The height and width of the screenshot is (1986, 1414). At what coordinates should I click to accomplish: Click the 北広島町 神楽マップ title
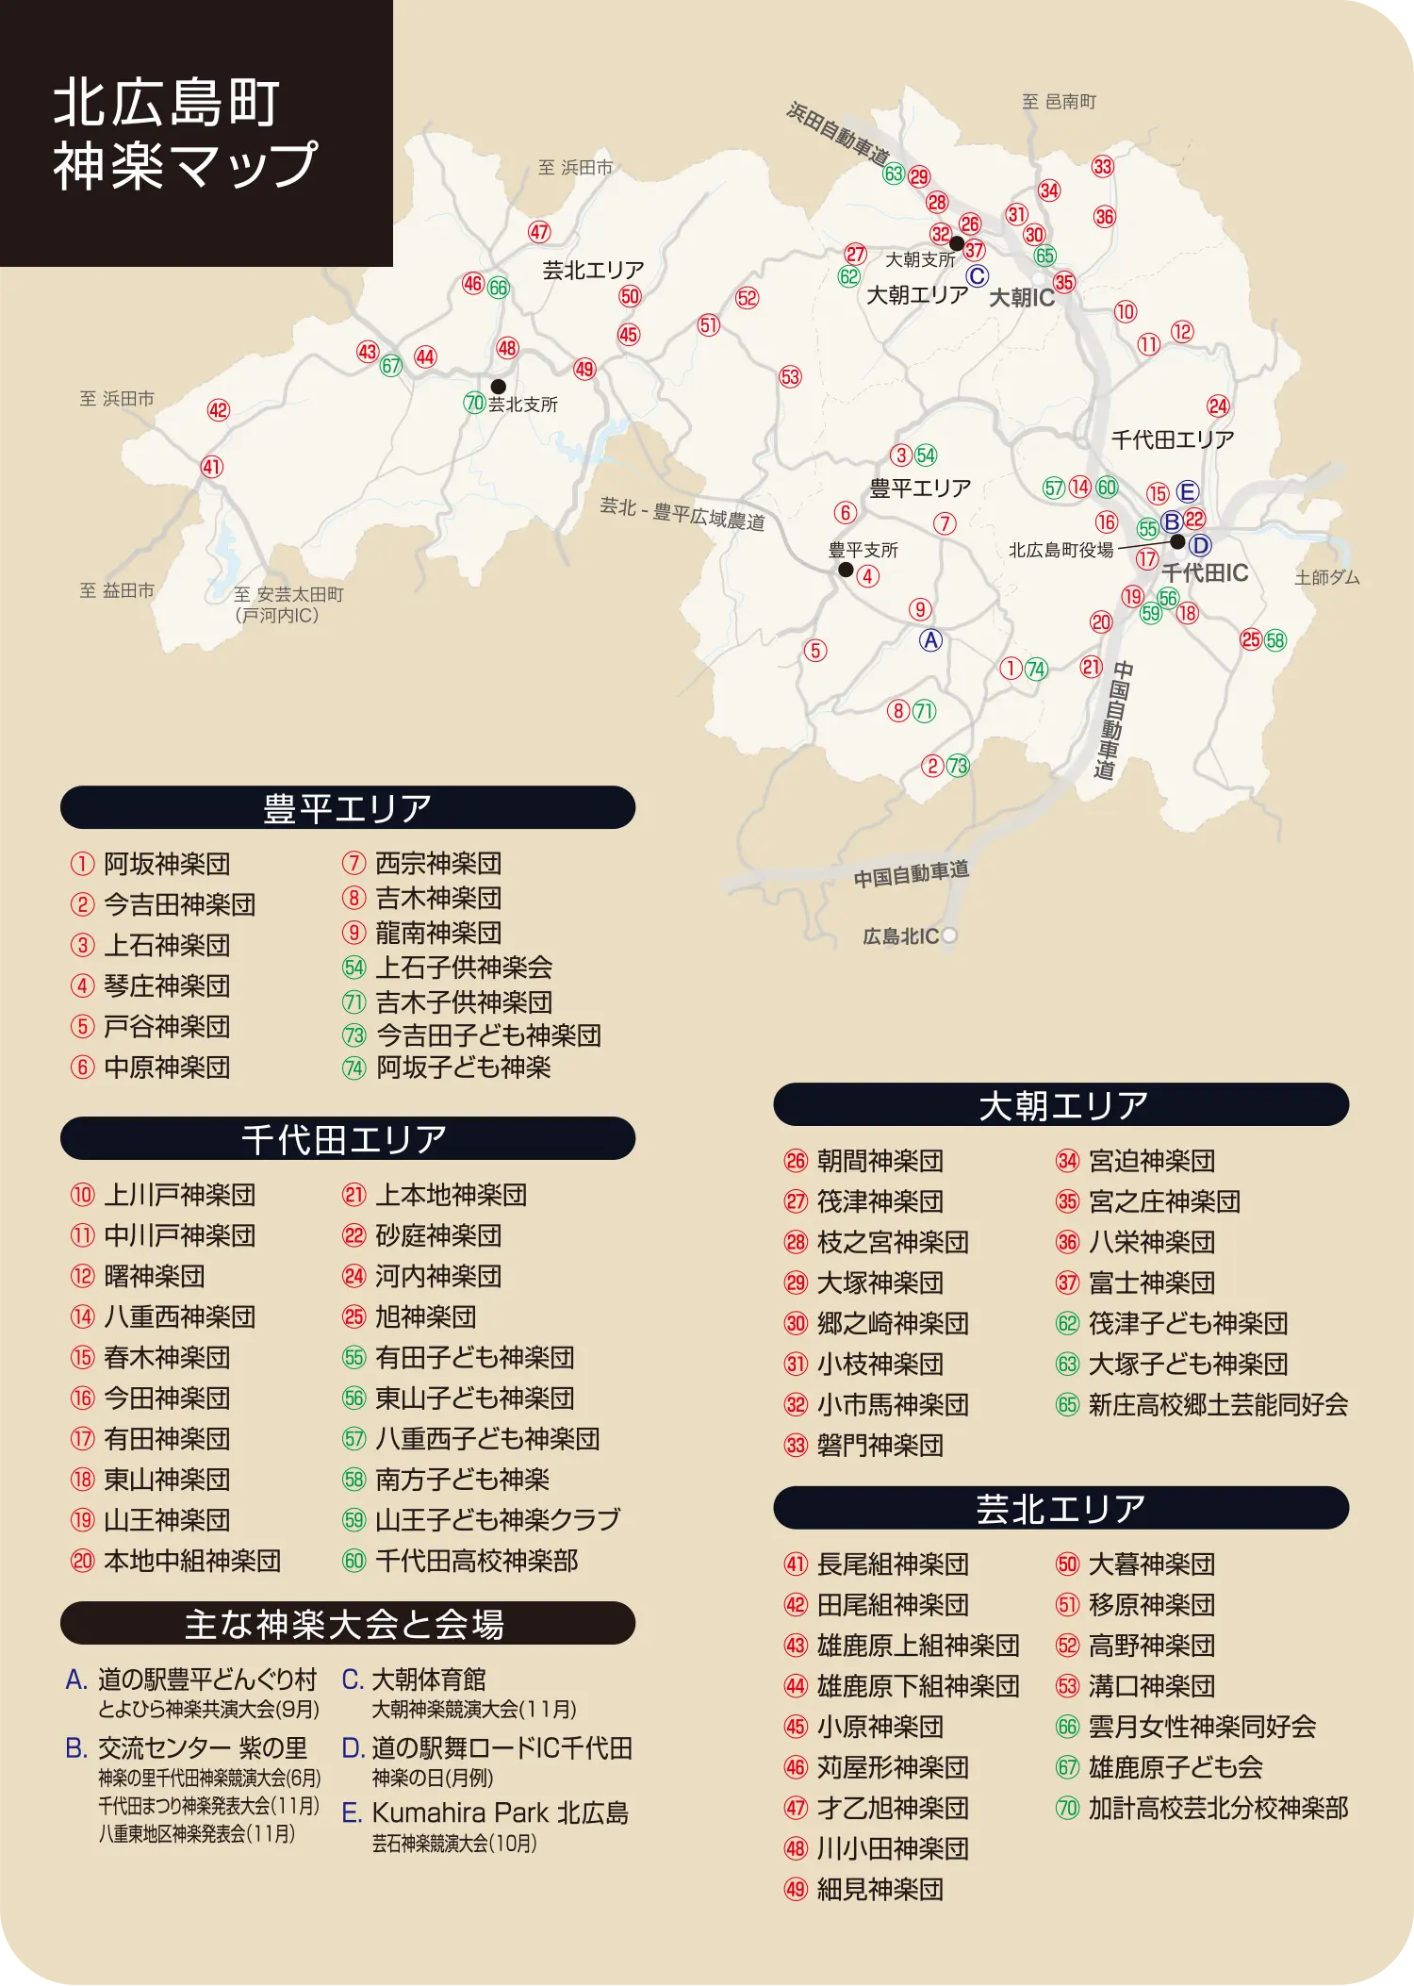tap(185, 133)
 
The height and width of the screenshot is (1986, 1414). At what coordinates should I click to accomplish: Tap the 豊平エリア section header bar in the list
tap(347, 808)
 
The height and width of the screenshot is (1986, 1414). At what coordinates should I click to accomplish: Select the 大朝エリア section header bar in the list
tap(1061, 1105)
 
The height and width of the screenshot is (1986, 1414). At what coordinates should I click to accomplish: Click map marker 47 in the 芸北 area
tap(539, 232)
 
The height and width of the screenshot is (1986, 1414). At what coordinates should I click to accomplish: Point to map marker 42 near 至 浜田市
tap(219, 410)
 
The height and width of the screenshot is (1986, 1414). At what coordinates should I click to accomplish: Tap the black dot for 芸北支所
tap(499, 387)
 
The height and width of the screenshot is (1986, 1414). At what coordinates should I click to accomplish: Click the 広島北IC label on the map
tap(901, 936)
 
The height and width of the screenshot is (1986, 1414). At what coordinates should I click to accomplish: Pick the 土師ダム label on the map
tap(1326, 577)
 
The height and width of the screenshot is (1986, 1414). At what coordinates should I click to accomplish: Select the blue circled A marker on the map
tap(930, 640)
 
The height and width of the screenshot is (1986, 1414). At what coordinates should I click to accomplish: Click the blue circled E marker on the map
tap(1187, 491)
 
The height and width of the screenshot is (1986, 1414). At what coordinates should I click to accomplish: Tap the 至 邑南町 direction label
tap(1060, 102)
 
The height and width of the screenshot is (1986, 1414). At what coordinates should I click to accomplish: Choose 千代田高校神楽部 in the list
tap(476, 1561)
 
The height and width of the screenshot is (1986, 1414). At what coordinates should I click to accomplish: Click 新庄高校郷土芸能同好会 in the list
tap(1217, 1405)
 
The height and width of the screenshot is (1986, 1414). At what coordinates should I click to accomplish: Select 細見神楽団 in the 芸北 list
tap(880, 1889)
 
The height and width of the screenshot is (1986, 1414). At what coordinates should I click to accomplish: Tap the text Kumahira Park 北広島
tap(500, 1812)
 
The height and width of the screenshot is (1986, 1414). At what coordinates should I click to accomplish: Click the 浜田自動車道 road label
tap(838, 133)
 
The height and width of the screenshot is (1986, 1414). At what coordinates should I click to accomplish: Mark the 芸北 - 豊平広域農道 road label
tap(682, 514)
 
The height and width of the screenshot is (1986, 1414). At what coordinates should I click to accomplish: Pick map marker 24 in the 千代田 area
tap(1218, 405)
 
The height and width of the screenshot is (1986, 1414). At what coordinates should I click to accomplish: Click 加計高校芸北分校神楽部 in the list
tap(1217, 1808)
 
